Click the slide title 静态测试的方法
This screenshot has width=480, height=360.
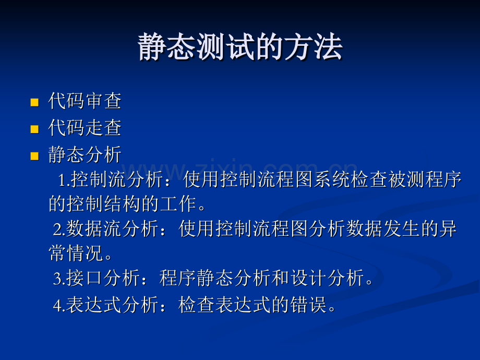(240, 47)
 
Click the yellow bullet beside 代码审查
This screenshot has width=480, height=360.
(34, 102)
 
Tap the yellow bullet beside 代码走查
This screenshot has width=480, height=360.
(34, 129)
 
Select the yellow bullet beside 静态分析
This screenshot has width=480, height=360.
(34, 156)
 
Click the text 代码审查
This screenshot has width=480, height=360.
(85, 101)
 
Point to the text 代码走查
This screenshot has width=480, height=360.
(85, 128)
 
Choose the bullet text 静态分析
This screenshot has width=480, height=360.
(85, 154)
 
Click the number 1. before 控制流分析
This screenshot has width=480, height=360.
(64, 179)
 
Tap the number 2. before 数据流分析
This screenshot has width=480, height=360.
(59, 229)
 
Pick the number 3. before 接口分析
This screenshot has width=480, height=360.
(59, 279)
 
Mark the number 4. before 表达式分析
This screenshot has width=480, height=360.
(59, 305)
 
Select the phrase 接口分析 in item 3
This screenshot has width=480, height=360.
(103, 278)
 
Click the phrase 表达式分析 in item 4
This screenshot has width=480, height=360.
(112, 305)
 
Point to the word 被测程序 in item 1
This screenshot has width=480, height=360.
(425, 179)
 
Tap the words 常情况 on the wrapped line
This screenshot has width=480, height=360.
(76, 253)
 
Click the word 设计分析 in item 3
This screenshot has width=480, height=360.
(327, 278)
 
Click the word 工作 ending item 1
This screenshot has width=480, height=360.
(178, 203)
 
